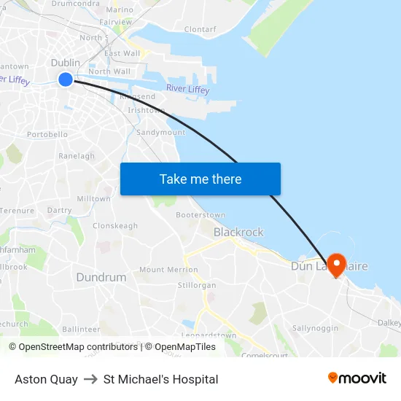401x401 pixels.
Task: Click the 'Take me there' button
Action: pos(200,179)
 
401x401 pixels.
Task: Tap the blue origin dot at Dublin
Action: pos(66,79)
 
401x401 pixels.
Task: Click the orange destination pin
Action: pos(337,263)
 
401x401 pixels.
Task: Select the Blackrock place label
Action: pos(238,232)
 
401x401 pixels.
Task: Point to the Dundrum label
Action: pos(101,278)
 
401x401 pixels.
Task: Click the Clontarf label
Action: pos(200,30)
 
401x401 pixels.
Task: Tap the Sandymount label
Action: pos(161,133)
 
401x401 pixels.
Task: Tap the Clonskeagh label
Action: pos(115,226)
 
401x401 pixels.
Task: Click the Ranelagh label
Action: pos(77,156)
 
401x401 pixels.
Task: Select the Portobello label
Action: pos(47,135)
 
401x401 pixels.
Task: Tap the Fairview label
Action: pos(116,23)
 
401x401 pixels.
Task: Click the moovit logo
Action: pos(357,378)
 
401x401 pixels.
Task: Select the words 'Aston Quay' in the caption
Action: pos(46,379)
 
